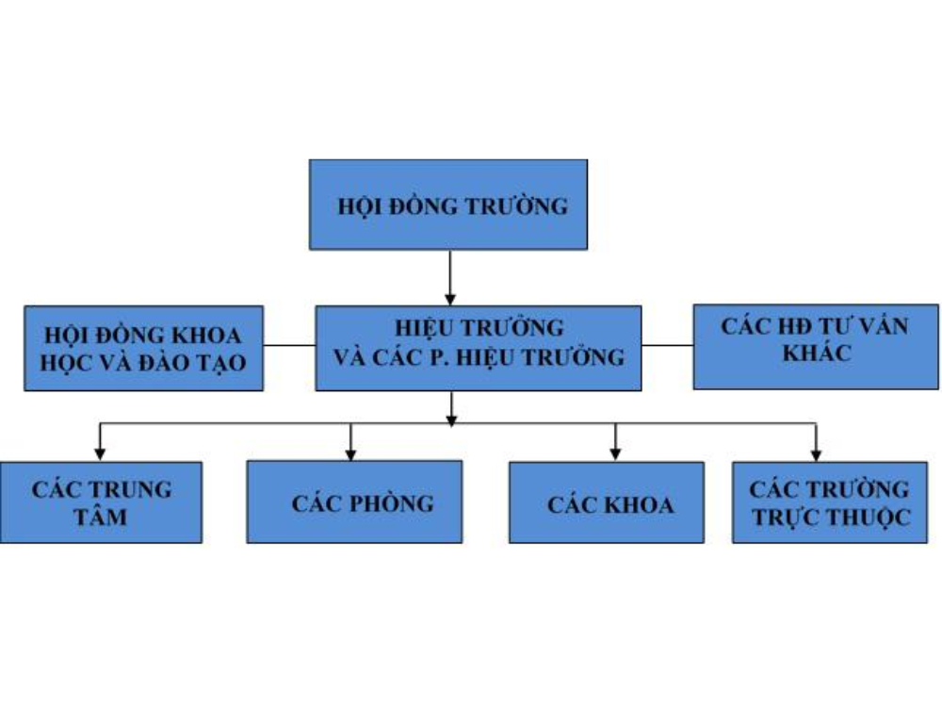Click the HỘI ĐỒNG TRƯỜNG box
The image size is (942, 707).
point(448,205)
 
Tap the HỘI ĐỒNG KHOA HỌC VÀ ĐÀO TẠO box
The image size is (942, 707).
point(143,347)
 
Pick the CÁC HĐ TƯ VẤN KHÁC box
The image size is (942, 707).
point(816,346)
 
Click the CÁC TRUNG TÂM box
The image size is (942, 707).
point(102,501)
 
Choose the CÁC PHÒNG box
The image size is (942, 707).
point(354,501)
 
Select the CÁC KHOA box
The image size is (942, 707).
point(606,501)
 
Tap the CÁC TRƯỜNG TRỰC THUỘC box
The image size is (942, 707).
point(829,501)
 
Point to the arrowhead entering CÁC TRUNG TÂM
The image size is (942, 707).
point(100,453)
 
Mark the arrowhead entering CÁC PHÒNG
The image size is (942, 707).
point(351,453)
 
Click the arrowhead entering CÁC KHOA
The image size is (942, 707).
point(615,453)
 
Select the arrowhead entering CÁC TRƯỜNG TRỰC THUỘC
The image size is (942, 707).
point(816,453)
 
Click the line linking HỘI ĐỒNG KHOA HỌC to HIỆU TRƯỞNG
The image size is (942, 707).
point(289,345)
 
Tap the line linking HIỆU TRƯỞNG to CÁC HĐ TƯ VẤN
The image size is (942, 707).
point(667,345)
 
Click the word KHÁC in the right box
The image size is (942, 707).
point(815,354)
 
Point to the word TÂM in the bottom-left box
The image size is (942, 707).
point(101,517)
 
